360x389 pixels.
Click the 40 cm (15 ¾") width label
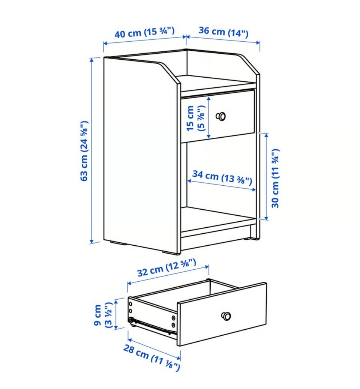pyautogui.click(x=144, y=33)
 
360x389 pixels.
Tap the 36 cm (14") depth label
pyautogui.click(x=223, y=32)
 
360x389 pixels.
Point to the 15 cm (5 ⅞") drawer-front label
pyautogui.click(x=196, y=118)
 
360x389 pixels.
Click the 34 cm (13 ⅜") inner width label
pyautogui.click(x=222, y=177)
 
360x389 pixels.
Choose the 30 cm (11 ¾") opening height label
pyautogui.click(x=275, y=179)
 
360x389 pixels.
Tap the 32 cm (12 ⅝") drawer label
pyautogui.click(x=166, y=267)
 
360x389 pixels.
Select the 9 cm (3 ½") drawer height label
pyautogui.click(x=103, y=315)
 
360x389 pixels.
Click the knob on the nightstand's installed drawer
pyautogui.click(x=220, y=116)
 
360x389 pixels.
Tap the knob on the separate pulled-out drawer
pyautogui.click(x=226, y=316)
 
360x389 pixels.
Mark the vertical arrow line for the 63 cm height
pyautogui.click(x=92, y=150)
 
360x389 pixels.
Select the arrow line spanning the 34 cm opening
pyautogui.click(x=222, y=185)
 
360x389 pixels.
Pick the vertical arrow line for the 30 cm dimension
pyautogui.click(x=267, y=176)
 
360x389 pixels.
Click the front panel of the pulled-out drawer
pyautogui.click(x=222, y=314)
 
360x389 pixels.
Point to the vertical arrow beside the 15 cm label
pyautogui.click(x=209, y=117)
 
